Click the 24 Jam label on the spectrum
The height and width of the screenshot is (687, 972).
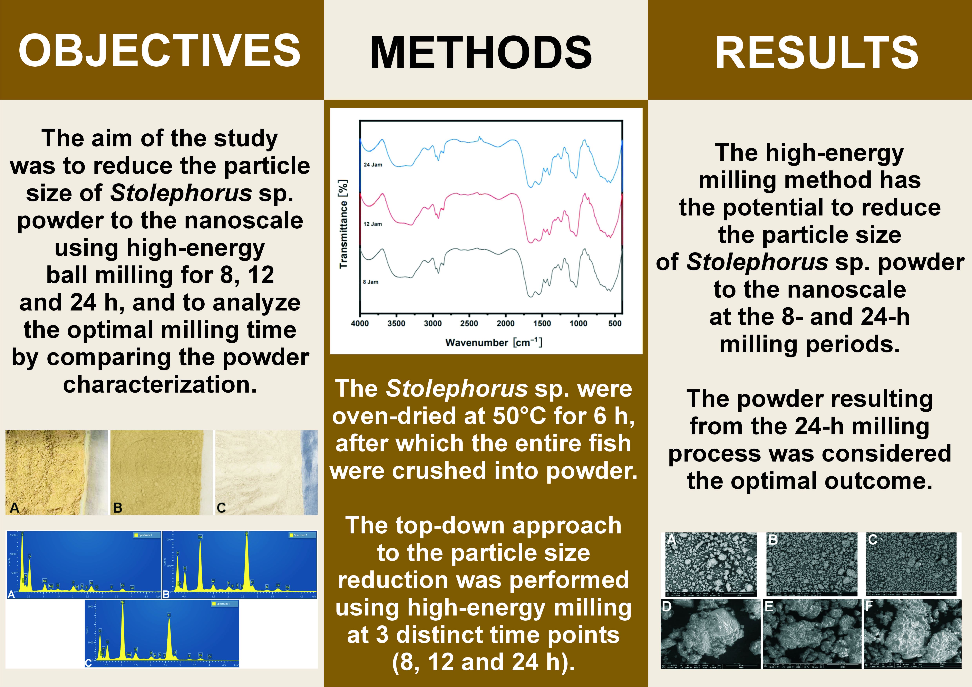click(373, 165)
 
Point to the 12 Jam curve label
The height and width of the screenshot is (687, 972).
click(373, 224)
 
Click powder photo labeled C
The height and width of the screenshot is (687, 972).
click(266, 472)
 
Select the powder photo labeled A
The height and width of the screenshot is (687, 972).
click(56, 472)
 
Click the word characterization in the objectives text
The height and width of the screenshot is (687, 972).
click(160, 385)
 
